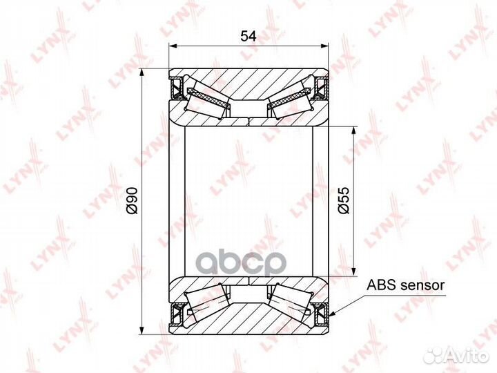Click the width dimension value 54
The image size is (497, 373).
click(248, 36)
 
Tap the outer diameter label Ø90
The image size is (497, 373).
click(131, 200)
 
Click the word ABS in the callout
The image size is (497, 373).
click(380, 285)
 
